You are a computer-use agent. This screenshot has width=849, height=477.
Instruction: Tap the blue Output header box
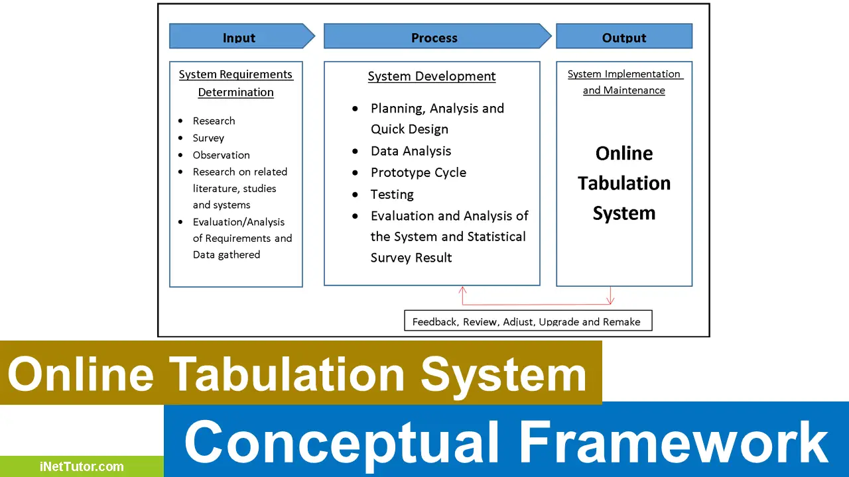(x=623, y=36)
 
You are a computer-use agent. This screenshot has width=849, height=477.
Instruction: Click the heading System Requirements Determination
(x=235, y=83)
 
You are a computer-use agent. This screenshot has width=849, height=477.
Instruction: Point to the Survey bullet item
(x=208, y=138)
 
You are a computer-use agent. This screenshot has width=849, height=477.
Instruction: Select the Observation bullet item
(x=221, y=155)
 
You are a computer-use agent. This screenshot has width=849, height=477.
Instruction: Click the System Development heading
(x=432, y=76)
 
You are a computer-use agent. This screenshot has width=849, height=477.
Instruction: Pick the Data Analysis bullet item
(x=411, y=151)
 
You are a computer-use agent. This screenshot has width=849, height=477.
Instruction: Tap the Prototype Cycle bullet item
(x=418, y=172)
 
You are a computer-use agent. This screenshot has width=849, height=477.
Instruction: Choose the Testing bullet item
(x=392, y=194)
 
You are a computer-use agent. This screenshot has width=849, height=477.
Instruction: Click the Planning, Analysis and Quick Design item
(x=436, y=119)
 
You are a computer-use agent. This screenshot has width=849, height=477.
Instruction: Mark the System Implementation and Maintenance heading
(x=624, y=82)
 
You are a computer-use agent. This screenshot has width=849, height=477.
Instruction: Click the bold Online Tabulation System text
(x=624, y=183)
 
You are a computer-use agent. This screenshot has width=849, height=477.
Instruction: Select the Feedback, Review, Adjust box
(x=527, y=321)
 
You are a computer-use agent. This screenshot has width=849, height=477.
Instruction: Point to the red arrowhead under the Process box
(x=462, y=290)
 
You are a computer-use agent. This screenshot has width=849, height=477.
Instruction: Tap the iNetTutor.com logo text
(x=81, y=466)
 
